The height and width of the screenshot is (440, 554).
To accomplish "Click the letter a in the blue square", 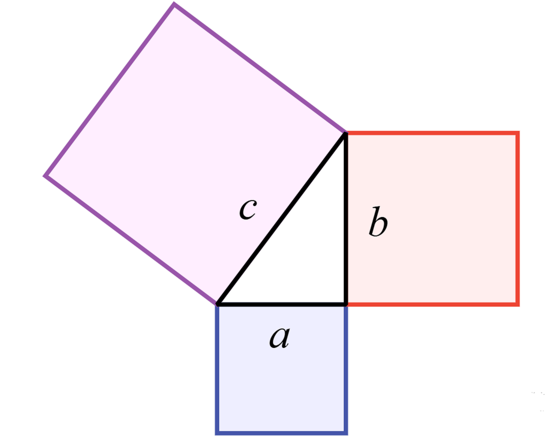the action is click(280, 337).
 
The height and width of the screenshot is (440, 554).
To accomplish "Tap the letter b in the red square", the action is click(378, 221).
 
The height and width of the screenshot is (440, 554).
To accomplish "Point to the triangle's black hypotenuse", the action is click(282, 219).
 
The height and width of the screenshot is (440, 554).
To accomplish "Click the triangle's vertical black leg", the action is click(346, 219).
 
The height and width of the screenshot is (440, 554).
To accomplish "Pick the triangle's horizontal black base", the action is click(282, 304).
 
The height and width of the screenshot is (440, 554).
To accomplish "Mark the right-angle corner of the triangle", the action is click(346, 304).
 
